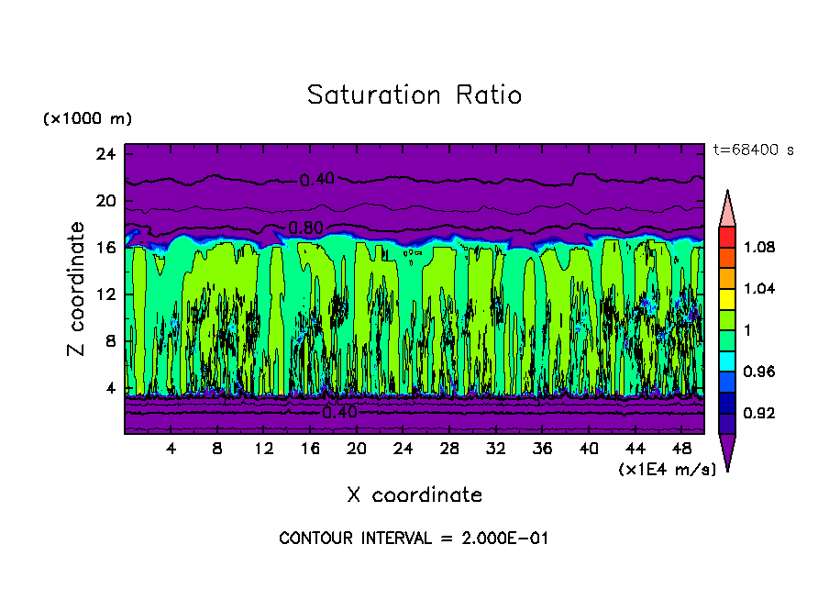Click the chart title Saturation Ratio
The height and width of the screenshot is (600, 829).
(x=414, y=94)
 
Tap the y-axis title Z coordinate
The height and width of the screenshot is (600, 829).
(x=76, y=290)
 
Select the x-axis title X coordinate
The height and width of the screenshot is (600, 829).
(x=414, y=494)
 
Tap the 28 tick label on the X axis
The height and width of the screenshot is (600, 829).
(x=449, y=449)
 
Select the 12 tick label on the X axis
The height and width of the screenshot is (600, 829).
(x=264, y=449)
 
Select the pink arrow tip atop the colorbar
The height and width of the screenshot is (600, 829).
(x=727, y=206)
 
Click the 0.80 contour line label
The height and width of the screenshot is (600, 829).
(x=305, y=228)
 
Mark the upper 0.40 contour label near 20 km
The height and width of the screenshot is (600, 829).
(x=317, y=180)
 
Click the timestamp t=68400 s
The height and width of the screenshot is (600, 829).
(x=753, y=150)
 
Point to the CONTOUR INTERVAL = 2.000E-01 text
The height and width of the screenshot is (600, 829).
(x=414, y=538)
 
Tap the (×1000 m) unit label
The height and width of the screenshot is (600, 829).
(x=87, y=118)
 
